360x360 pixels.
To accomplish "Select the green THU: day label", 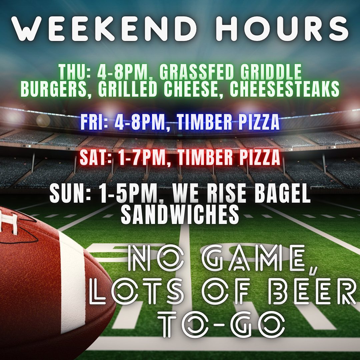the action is (x=75, y=72).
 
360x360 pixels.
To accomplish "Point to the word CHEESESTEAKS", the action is (x=284, y=89).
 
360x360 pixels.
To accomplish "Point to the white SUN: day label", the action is (x=70, y=194).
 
